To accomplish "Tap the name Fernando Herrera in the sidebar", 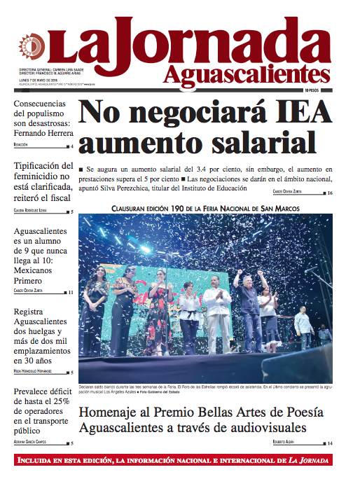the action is pos(44,133).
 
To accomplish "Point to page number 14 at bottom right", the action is pos(329,443).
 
